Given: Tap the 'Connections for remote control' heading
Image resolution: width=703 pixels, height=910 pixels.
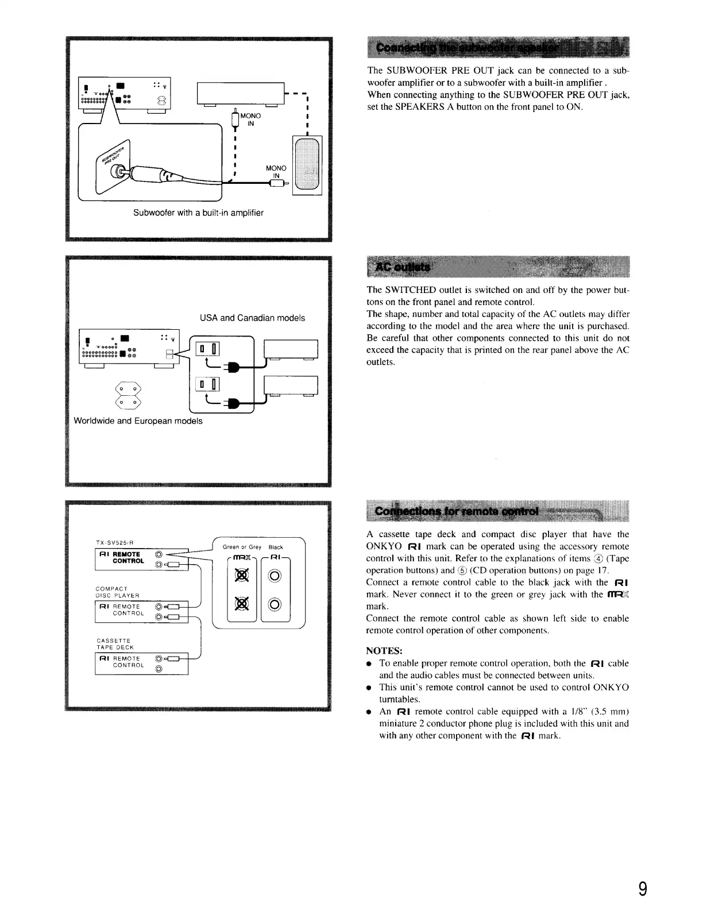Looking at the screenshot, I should pos(457,511).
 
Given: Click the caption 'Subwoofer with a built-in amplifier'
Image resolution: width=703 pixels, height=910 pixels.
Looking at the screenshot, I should pos(198,213).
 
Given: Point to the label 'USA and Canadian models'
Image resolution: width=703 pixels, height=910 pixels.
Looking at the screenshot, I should pos(252,318).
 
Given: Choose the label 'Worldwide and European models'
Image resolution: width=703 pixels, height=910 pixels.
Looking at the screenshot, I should pos(138,421).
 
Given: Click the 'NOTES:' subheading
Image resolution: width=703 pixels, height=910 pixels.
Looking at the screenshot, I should pos(384,651).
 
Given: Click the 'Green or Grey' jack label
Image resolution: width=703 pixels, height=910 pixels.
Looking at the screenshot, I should pos(242,547).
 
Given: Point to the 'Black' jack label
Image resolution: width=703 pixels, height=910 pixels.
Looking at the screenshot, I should pos(276,547).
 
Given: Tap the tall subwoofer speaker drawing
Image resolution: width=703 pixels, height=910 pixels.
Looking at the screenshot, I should pos(307,165).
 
